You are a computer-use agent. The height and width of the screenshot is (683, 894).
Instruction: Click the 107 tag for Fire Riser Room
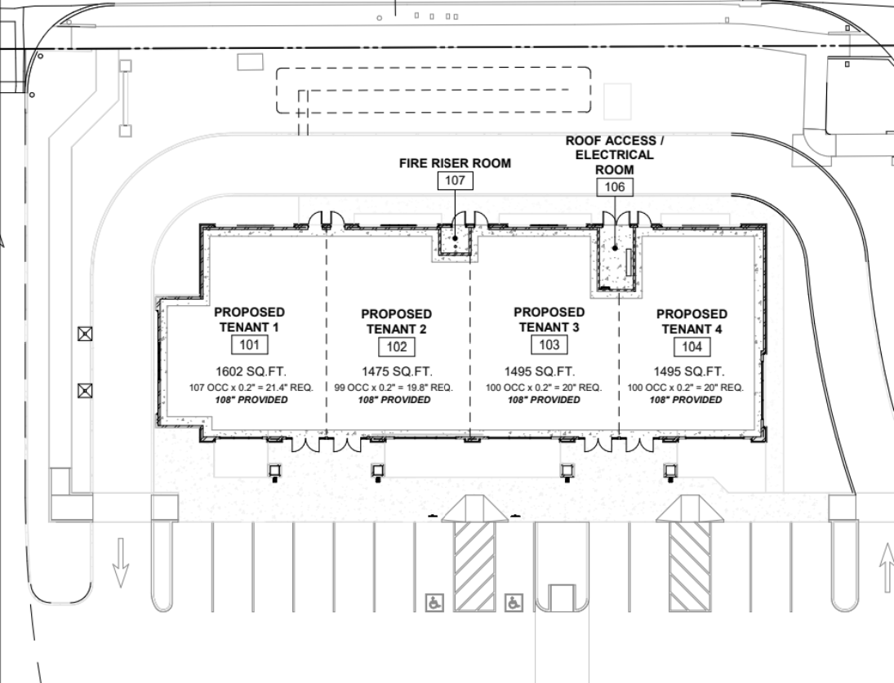coord(454,181)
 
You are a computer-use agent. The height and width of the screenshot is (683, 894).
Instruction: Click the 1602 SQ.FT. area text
coord(249,370)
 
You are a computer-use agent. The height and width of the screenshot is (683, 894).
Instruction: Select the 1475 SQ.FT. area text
coord(396,370)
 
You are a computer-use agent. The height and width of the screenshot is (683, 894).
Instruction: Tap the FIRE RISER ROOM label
coord(454,163)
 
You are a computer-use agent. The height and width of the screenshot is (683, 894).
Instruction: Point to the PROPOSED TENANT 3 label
coord(549,319)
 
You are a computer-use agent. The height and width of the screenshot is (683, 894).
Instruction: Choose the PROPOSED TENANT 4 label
coord(692,321)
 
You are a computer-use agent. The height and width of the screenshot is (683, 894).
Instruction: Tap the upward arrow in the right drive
coord(887,569)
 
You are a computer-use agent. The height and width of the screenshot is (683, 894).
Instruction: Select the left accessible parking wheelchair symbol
coord(434,603)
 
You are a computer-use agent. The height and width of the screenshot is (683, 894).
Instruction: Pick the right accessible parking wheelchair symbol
coord(513,603)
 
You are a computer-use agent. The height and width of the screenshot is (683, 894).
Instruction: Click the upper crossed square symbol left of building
coord(83,333)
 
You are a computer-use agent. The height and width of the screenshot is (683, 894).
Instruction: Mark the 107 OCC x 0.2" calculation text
coord(249,387)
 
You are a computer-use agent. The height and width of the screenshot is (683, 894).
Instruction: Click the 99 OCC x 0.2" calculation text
coord(396,387)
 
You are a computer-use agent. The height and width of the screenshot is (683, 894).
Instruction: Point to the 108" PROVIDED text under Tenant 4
coord(685,401)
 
